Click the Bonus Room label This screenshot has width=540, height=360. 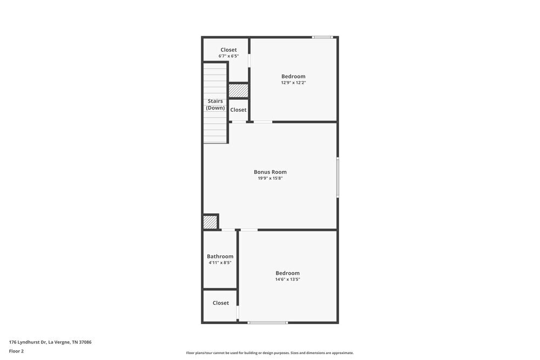[x=270, y=172]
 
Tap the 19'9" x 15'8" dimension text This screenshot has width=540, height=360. [x=270, y=178]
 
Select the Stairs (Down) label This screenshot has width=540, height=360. [x=215, y=104]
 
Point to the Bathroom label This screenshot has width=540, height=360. [x=220, y=256]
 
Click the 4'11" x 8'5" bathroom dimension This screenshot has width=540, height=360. [x=220, y=263]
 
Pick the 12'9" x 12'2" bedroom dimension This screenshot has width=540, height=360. [x=293, y=83]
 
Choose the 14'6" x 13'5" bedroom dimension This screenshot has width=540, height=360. [x=287, y=279]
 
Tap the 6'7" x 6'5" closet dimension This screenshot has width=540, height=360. [x=228, y=56]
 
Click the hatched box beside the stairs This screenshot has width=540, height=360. [x=238, y=91]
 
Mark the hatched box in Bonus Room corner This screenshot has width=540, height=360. [x=210, y=222]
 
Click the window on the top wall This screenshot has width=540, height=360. [x=323, y=37]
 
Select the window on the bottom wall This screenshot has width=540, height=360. [x=268, y=323]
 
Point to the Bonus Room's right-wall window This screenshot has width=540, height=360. [x=337, y=177]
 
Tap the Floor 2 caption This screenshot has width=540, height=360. [x=16, y=351]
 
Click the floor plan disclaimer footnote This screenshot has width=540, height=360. [x=270, y=353]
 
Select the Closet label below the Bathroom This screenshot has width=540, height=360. [x=220, y=303]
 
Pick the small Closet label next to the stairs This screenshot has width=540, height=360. [x=238, y=110]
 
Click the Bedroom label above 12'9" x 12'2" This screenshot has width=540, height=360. [x=293, y=76]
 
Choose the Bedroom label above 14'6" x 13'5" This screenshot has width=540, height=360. [x=287, y=273]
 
